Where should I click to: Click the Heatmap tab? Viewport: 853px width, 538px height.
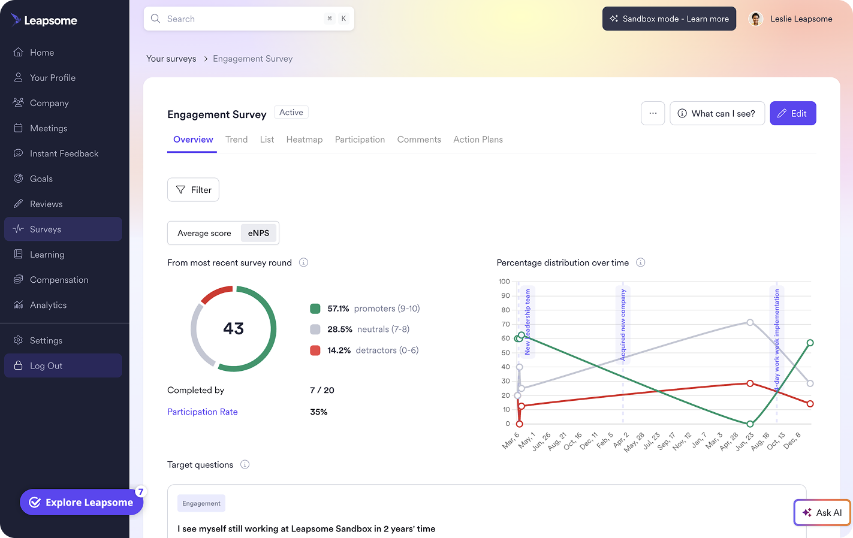pos(304,140)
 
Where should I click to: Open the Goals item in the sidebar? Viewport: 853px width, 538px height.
pos(41,179)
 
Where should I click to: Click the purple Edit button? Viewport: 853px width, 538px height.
pos(792,113)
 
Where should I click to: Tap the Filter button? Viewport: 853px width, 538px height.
pos(193,190)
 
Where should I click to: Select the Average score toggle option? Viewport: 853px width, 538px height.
pos(204,233)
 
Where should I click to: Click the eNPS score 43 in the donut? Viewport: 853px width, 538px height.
pos(233,328)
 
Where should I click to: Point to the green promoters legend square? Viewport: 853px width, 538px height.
pos(315,309)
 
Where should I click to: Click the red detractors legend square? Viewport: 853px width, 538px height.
pos(315,350)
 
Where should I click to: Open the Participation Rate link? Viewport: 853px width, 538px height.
pos(202,412)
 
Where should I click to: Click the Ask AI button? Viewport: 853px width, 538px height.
pos(822,512)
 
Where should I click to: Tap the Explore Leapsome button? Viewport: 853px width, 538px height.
pos(82,502)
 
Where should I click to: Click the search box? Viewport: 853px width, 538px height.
pos(249,19)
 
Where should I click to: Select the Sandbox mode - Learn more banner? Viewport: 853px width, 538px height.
pos(669,19)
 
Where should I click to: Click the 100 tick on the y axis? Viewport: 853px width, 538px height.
pos(504,282)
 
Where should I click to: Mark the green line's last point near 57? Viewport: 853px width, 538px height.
pos(810,343)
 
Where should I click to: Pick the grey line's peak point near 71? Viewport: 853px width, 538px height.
pos(750,322)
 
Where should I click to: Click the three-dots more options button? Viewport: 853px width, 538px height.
pos(653,113)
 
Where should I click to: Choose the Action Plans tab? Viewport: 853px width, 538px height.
pos(478,140)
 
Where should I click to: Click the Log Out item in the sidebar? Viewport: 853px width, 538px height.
pos(46,365)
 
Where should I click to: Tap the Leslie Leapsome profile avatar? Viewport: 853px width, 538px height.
pos(756,19)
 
